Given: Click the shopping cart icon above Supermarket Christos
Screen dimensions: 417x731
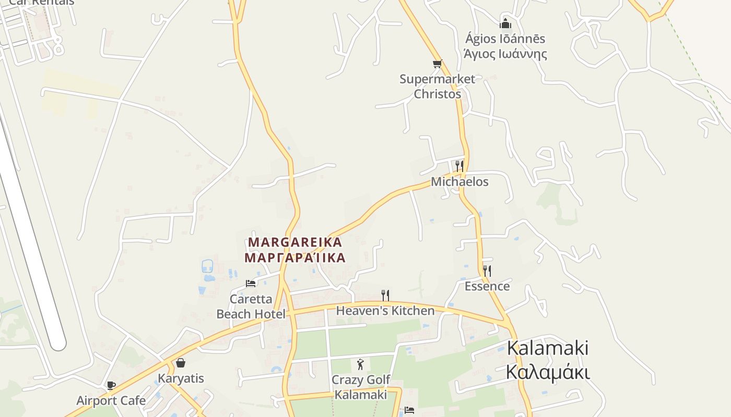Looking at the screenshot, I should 437,64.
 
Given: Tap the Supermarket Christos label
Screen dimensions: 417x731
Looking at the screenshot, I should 438,87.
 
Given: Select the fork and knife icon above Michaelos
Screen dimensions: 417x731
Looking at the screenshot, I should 459,166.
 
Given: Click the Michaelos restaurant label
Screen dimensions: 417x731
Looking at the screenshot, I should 459,182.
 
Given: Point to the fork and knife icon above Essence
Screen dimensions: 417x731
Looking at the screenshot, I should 487,271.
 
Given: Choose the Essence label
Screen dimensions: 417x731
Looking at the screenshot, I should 487,286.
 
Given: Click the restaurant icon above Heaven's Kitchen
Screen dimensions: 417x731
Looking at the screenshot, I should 385,296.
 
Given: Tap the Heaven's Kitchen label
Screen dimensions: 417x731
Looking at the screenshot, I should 385,311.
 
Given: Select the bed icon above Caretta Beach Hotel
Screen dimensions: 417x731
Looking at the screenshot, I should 251,284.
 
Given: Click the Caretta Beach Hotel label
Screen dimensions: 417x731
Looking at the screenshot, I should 251,306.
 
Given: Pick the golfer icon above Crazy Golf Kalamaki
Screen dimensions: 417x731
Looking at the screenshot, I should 360,364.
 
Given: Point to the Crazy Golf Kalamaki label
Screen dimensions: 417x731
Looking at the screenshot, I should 361,387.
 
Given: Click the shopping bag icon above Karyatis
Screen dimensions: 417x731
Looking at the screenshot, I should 181,363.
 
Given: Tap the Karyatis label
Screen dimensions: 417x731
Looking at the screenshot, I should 181,378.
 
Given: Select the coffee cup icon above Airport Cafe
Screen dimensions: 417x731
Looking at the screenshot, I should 111,386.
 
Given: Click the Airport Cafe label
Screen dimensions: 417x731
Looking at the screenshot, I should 111,401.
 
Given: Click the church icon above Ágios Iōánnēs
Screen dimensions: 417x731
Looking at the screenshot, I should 505,23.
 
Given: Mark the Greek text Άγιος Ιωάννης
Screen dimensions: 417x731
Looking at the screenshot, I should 505,54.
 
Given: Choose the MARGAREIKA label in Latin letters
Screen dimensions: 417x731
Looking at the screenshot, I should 296,242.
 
